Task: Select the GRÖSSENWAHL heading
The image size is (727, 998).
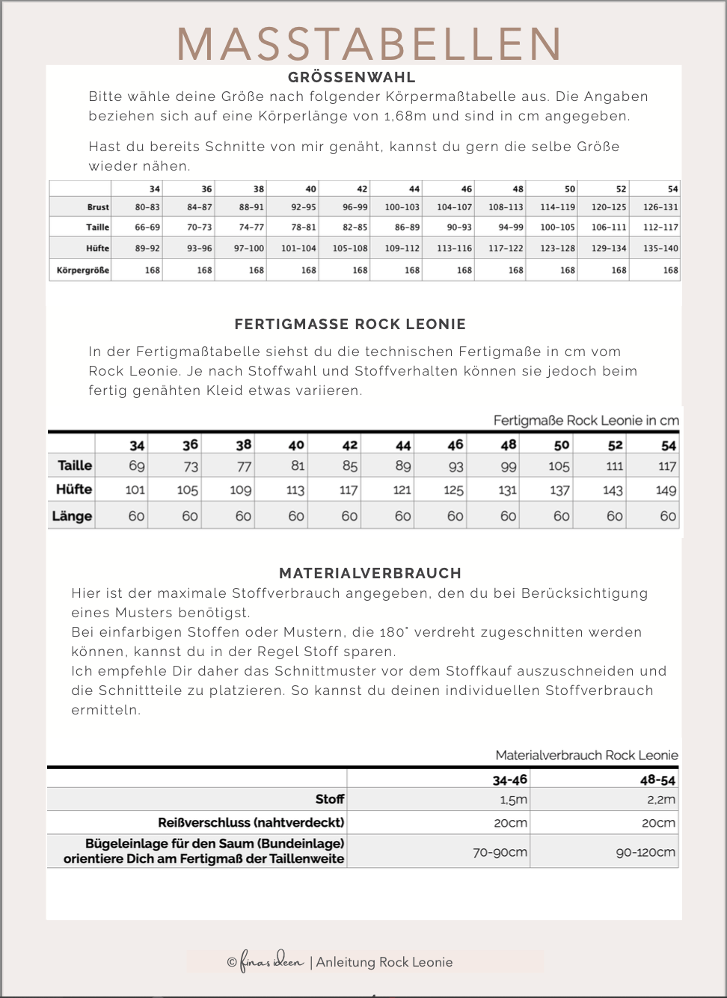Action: (352, 77)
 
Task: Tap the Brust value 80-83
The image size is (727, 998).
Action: (147, 207)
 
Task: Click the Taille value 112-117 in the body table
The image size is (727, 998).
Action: (660, 227)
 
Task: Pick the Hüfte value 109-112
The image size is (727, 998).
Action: (402, 248)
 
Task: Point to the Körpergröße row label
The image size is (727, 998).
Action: (83, 270)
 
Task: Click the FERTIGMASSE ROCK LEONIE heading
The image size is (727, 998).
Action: (350, 324)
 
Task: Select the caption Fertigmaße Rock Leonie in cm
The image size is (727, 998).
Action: (586, 420)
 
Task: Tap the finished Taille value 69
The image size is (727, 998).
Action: (137, 466)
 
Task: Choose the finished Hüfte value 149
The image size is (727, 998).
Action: (666, 491)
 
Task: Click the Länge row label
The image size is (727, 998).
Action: (72, 516)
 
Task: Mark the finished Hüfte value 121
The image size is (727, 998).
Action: (402, 491)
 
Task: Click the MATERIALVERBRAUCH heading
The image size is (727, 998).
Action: (370, 573)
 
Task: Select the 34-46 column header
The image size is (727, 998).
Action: (509, 780)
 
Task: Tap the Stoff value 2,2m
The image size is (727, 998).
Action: (660, 800)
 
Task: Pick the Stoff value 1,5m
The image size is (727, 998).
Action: (513, 800)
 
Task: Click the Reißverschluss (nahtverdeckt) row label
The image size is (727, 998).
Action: (251, 822)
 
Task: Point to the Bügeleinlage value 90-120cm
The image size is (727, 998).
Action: (645, 852)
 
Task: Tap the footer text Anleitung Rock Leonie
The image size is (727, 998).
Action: (384, 962)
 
